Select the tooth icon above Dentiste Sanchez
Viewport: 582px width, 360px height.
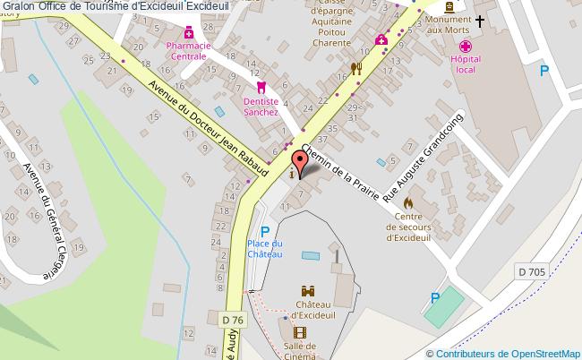[261, 88]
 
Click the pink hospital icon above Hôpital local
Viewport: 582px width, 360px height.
[465, 47]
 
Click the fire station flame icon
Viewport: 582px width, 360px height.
[410, 202]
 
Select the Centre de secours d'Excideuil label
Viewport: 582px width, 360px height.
[408, 227]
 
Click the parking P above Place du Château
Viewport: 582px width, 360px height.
[265, 232]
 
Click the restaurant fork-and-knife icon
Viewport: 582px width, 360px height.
[355, 67]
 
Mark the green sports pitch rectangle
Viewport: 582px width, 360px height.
[445, 305]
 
